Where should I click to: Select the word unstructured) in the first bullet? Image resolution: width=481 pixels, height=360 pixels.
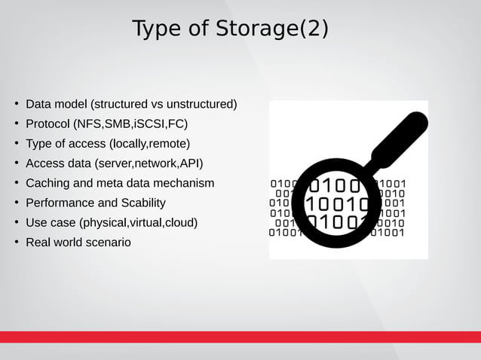tap(202, 104)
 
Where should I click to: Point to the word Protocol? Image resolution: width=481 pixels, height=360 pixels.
tap(47, 124)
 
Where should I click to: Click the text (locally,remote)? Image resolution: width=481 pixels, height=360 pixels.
tap(149, 143)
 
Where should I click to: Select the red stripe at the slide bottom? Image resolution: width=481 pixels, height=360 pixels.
tap(240, 337)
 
